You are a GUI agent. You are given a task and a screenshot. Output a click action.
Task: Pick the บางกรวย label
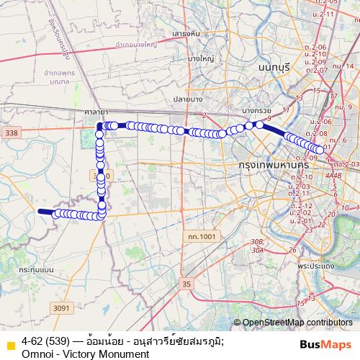tap(256, 111)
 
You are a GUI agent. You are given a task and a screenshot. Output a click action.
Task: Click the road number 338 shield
tap(10, 133)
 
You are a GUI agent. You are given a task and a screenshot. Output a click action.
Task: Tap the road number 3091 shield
tap(62, 308)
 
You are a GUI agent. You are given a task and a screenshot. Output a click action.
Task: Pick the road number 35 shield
tap(188, 285)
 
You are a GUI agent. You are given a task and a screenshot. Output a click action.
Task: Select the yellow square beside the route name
tap(10, 345)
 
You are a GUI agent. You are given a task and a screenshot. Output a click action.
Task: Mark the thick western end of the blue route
tap(43, 212)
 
